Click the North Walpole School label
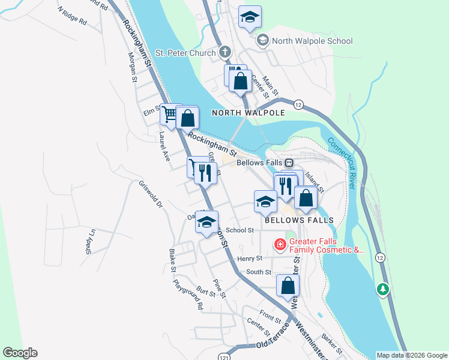(x=312, y=41)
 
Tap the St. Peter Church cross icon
(x=226, y=53)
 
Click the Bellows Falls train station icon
(x=289, y=163)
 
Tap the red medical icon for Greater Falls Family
(x=280, y=245)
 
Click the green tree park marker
(x=382, y=290)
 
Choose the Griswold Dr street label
(x=151, y=194)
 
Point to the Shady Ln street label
(x=90, y=241)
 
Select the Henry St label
(x=250, y=259)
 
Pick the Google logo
(x=20, y=353)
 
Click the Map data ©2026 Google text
(x=411, y=355)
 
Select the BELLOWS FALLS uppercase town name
(x=298, y=220)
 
